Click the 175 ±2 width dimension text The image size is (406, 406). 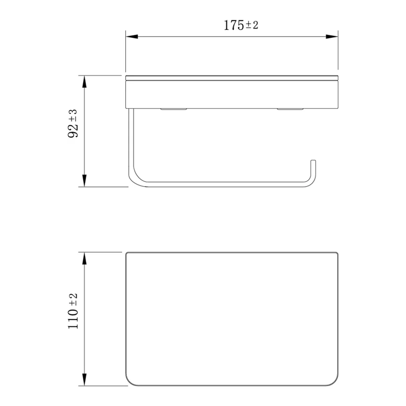pos(241,25)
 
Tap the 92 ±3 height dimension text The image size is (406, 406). pos(73,123)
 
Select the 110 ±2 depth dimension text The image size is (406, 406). pos(73,311)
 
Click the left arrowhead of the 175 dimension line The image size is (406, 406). pos(132,37)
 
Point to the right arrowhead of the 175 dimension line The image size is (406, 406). pos(332,37)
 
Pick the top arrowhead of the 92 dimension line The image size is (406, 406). pos(84,82)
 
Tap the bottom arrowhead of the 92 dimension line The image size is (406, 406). pos(84,181)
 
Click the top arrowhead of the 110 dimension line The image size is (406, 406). pos(84,258)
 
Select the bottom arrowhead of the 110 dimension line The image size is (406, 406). pos(84,380)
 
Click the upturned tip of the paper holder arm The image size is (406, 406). pos(313,161)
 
